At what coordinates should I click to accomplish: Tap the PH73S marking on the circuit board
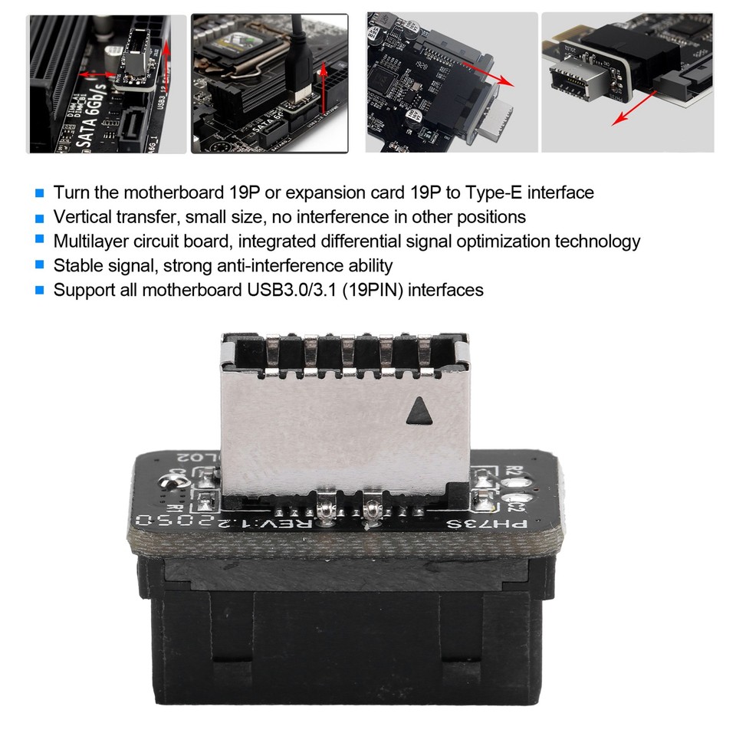[x=498, y=524]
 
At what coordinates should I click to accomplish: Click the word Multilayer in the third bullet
[x=92, y=242]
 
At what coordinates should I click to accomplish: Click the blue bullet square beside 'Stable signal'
[x=40, y=265]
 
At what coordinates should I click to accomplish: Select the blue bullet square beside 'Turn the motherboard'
[x=40, y=192]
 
